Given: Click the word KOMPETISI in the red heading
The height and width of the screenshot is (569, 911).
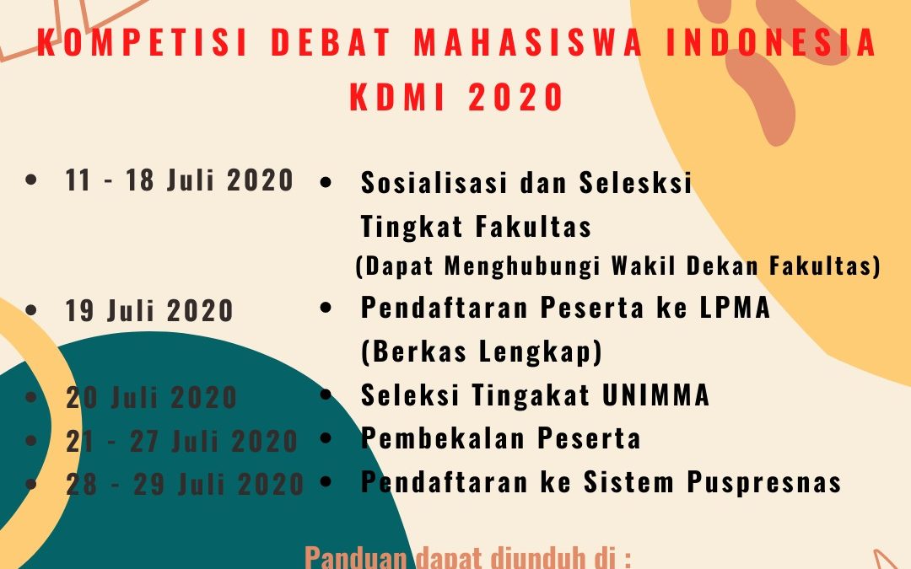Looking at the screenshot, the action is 143,42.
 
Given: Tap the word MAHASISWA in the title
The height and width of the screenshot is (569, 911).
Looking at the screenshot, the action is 527,42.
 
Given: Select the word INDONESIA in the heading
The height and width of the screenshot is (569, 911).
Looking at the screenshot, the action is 771,42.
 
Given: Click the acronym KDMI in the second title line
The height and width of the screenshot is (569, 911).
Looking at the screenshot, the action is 397,96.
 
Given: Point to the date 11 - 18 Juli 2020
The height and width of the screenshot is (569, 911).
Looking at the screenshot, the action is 179,180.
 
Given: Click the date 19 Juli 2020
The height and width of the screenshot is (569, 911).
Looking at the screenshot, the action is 149,310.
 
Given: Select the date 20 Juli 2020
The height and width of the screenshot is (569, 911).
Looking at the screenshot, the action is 152,398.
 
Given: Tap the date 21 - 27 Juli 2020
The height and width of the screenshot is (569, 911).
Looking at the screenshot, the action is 182,441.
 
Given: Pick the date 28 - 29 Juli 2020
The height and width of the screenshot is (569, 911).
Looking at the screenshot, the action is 185,484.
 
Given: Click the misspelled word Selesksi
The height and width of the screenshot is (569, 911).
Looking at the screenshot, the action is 636,182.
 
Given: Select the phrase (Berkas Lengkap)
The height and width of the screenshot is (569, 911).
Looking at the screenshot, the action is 481,352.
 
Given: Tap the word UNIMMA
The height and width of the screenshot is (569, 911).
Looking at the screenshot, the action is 655,395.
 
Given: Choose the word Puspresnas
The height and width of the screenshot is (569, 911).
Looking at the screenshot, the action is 764,482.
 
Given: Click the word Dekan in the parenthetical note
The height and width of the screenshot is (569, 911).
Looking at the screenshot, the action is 722,266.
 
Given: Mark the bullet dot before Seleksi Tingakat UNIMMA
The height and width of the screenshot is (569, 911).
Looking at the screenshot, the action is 326,395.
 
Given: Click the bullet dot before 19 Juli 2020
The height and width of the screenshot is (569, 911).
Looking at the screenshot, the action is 31,309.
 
